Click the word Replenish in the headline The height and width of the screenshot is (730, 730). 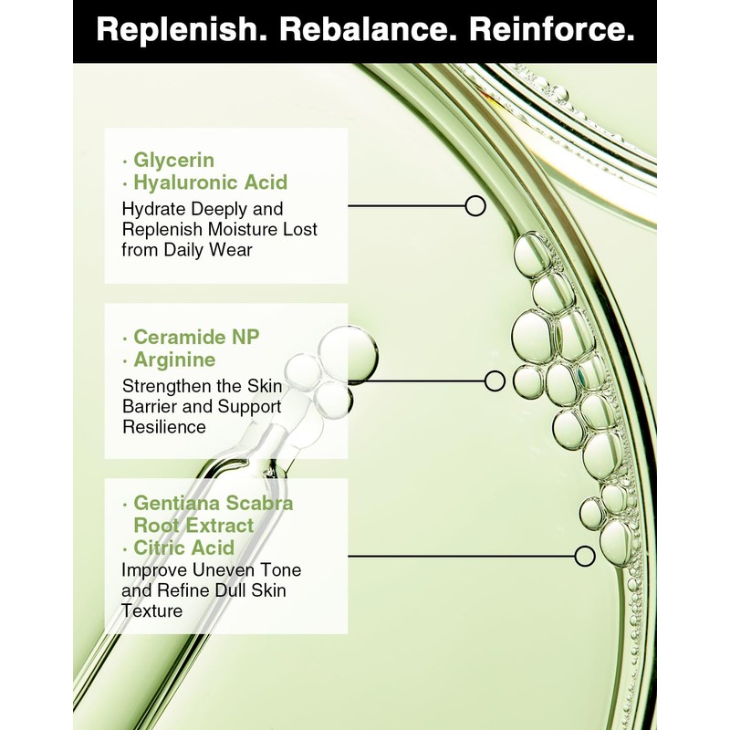coord(177,31)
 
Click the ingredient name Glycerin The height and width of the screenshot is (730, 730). coord(173,160)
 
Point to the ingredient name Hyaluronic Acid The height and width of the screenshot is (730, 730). coord(210,182)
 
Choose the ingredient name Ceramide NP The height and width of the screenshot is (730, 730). coord(196,337)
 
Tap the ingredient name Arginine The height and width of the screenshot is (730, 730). coord(174,360)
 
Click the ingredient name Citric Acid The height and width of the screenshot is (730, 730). coord(183,547)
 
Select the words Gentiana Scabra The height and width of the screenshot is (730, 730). coord(214,503)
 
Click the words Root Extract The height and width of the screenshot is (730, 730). coord(193,526)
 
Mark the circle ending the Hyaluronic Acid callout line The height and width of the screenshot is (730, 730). coord(474,205)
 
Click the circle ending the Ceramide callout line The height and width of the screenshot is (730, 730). coord(495,381)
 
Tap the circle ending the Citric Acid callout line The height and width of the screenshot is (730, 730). coord(585,555)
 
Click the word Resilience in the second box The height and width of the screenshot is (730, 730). coord(164,426)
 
